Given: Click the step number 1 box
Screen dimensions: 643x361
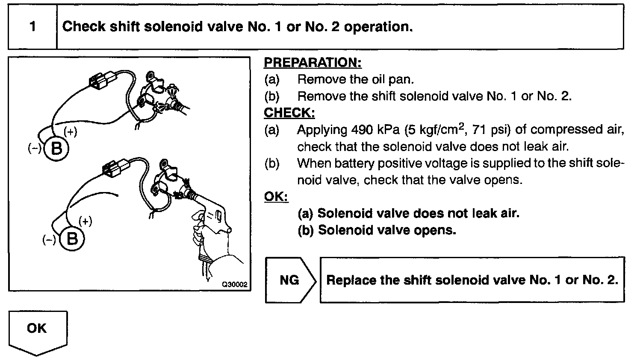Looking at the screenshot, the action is tap(32, 27).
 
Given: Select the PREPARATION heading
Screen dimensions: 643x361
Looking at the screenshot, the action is tap(313, 63).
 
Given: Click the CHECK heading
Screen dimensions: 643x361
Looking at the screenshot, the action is tap(289, 113).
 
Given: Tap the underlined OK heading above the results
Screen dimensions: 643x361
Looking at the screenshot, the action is tap(276, 196).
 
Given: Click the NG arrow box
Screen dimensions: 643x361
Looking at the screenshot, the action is tap(290, 280).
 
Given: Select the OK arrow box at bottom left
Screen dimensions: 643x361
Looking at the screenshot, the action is tap(38, 330).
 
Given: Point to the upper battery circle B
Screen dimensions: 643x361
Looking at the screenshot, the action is tap(56, 148).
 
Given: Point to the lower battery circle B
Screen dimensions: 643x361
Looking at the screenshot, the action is tap(72, 239).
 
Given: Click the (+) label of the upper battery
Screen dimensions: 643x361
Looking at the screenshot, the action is tap(70, 132).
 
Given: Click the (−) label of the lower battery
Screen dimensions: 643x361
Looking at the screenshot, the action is tap(49, 240).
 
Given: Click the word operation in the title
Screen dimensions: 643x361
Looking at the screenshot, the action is tap(378, 27).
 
